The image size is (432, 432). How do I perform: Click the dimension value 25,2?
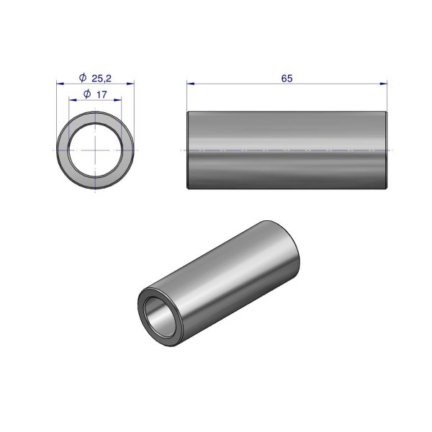(x=102, y=78)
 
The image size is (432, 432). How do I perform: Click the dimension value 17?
(x=102, y=95)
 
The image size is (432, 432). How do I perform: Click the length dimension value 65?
(x=287, y=78)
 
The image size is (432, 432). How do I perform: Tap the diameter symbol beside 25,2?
(x=83, y=78)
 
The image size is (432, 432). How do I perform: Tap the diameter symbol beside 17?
(x=87, y=94)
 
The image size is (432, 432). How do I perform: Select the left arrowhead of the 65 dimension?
(x=190, y=84)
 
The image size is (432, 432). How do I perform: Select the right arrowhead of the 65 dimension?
(x=384, y=84)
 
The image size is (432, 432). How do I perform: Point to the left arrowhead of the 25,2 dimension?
(x=60, y=84)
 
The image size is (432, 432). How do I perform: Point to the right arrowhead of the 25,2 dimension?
(x=130, y=84)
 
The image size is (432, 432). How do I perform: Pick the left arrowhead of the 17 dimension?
(x=73, y=100)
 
